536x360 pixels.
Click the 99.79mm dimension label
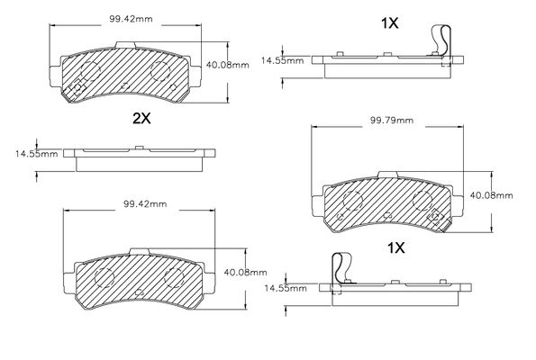point(392,121)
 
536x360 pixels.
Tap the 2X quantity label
point(141,118)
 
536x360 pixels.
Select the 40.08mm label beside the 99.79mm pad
point(491,195)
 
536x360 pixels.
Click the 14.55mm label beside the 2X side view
point(36,154)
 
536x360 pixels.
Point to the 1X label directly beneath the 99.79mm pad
point(395,248)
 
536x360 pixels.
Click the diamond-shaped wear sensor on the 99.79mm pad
point(435,217)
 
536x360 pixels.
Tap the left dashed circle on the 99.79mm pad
point(352,201)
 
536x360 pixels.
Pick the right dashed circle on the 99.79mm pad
point(422,201)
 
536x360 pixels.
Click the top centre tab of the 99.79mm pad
point(388,175)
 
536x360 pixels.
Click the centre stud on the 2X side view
point(139,148)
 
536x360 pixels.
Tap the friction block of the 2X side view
point(139,165)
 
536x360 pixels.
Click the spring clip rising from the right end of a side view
point(441,40)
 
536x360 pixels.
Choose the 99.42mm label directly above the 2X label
point(131,19)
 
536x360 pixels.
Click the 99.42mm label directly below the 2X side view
point(145,204)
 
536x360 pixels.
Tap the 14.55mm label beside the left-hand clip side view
point(286,288)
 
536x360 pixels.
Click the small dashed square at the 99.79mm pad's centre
point(387,215)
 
